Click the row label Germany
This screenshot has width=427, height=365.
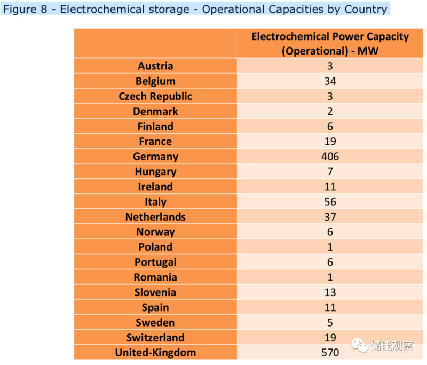click(155, 157)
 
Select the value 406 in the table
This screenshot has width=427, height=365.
click(330, 157)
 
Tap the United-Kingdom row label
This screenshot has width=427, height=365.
click(155, 352)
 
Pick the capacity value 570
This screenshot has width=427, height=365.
click(330, 352)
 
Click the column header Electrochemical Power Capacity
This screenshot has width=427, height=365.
click(330, 37)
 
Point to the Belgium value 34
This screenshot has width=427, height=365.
click(330, 81)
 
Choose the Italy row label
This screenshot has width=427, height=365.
click(155, 202)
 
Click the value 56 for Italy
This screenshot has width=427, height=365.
click(330, 202)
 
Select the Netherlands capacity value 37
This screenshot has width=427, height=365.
click(330, 217)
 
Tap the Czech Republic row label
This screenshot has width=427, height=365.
click(155, 96)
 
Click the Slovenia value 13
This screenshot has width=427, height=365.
click(330, 292)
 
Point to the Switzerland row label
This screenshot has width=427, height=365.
click(155, 337)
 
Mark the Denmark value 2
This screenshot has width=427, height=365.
click(330, 111)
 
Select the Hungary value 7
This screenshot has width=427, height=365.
click(330, 172)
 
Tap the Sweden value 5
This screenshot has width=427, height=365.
click(330, 322)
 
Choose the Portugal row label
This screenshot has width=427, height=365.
click(155, 262)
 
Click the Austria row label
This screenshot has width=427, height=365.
click(155, 66)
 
